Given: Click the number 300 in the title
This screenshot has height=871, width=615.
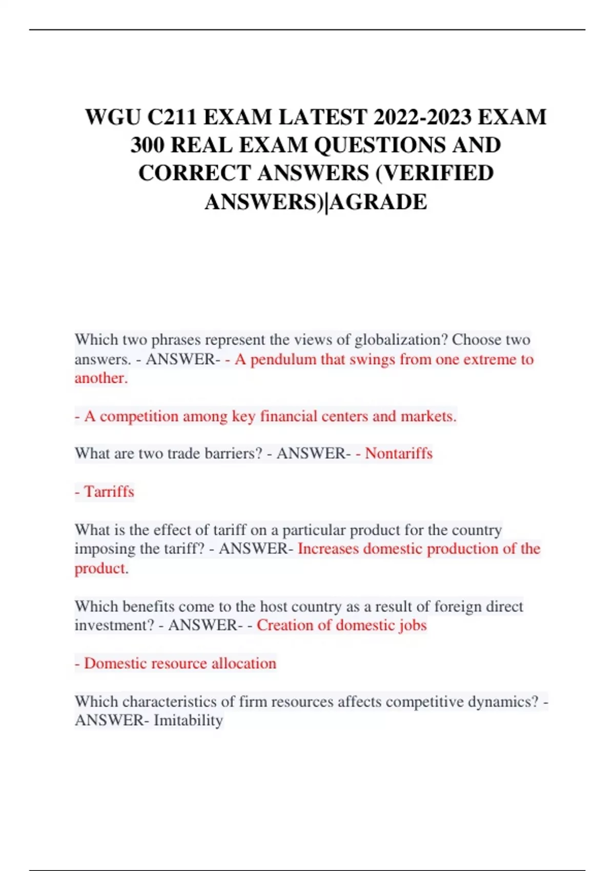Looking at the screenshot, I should click(148, 146).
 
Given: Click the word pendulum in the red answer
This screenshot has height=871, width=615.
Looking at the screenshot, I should click(283, 359).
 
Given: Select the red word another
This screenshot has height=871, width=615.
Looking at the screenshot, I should click(100, 378).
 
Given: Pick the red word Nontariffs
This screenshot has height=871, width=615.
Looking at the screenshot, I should click(399, 453).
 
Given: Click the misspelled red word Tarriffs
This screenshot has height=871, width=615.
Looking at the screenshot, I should click(109, 492).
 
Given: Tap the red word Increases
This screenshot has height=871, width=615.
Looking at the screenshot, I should click(328, 549).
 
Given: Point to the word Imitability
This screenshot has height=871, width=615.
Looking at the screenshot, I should click(188, 720).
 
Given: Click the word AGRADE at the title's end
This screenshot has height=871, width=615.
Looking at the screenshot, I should click(379, 202).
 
